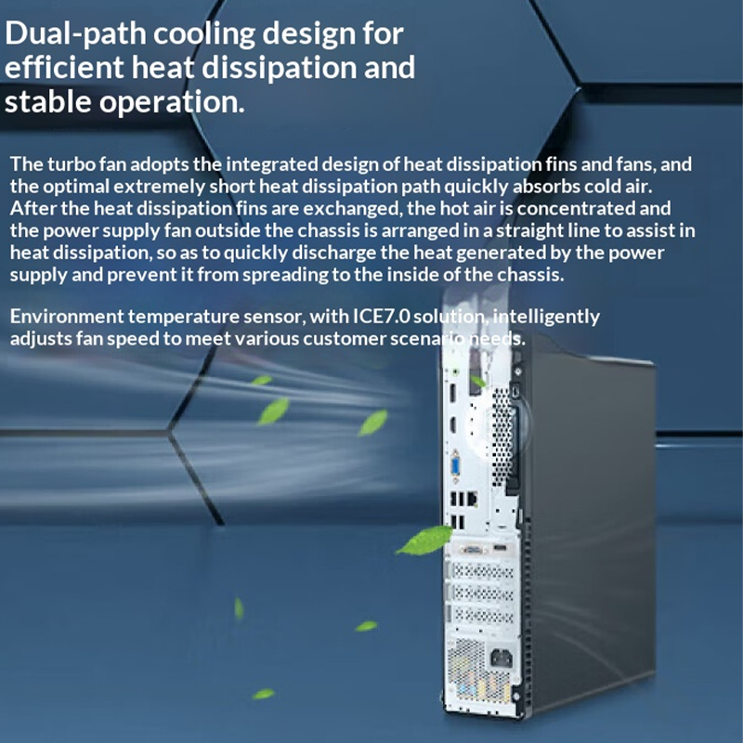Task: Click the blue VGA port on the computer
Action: (457, 465)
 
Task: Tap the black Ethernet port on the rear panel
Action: (471, 502)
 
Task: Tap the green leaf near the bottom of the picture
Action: (265, 693)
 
